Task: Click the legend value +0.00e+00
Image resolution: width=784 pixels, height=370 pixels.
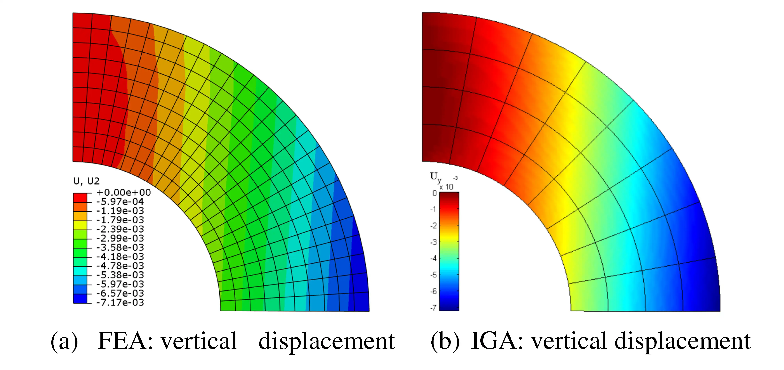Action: (x=123, y=193)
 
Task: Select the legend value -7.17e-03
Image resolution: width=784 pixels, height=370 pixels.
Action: (x=120, y=303)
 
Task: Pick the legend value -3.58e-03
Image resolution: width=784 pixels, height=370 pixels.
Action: (x=120, y=247)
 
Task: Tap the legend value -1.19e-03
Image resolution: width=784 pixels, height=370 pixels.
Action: (x=120, y=211)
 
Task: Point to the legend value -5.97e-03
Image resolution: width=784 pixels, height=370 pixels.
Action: (x=120, y=284)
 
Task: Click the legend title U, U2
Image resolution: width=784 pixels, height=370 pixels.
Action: (x=86, y=181)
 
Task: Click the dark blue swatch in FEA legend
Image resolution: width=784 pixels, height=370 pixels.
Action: (x=80, y=298)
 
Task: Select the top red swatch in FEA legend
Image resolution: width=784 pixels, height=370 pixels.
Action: (x=80, y=198)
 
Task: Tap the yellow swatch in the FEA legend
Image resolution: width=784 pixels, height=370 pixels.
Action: (x=80, y=225)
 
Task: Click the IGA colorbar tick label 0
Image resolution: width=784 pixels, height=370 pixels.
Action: (x=434, y=193)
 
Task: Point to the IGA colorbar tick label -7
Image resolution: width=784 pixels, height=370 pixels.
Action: (x=433, y=308)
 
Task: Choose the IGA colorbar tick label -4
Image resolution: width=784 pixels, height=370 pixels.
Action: (x=433, y=258)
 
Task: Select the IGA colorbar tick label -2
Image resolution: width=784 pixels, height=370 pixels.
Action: (x=433, y=226)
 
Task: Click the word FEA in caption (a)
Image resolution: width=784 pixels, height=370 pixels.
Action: (x=125, y=341)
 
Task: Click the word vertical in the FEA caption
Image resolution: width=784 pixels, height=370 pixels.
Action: (x=199, y=341)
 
